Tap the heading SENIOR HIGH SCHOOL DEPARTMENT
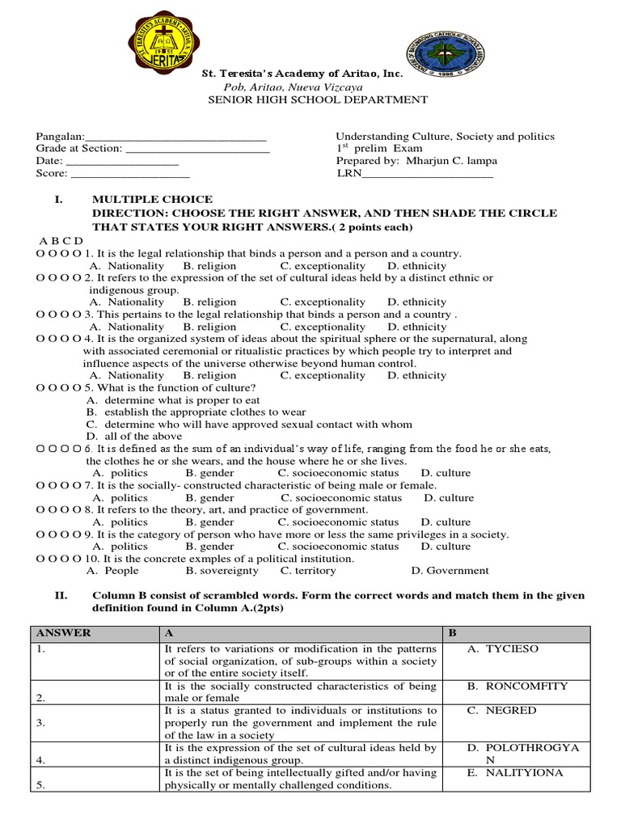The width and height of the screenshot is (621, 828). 318,99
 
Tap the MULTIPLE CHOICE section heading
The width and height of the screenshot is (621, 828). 153,199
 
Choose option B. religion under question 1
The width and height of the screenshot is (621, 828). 209,265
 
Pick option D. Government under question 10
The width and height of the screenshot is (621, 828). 450,570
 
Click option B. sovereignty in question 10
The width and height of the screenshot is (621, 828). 222,570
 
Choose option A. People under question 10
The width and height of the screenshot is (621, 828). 112,570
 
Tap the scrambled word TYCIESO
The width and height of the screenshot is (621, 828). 511,649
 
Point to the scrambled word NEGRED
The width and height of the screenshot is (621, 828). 510,711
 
